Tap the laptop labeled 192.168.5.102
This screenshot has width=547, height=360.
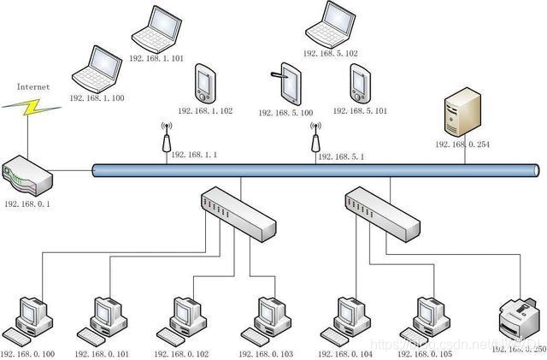[x=329, y=23]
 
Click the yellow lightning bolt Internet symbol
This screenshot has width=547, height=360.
[x=28, y=108]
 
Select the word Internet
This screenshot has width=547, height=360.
[x=32, y=86]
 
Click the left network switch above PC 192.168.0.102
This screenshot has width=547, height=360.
[x=238, y=214]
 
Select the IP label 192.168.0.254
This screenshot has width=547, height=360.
[x=462, y=145]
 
